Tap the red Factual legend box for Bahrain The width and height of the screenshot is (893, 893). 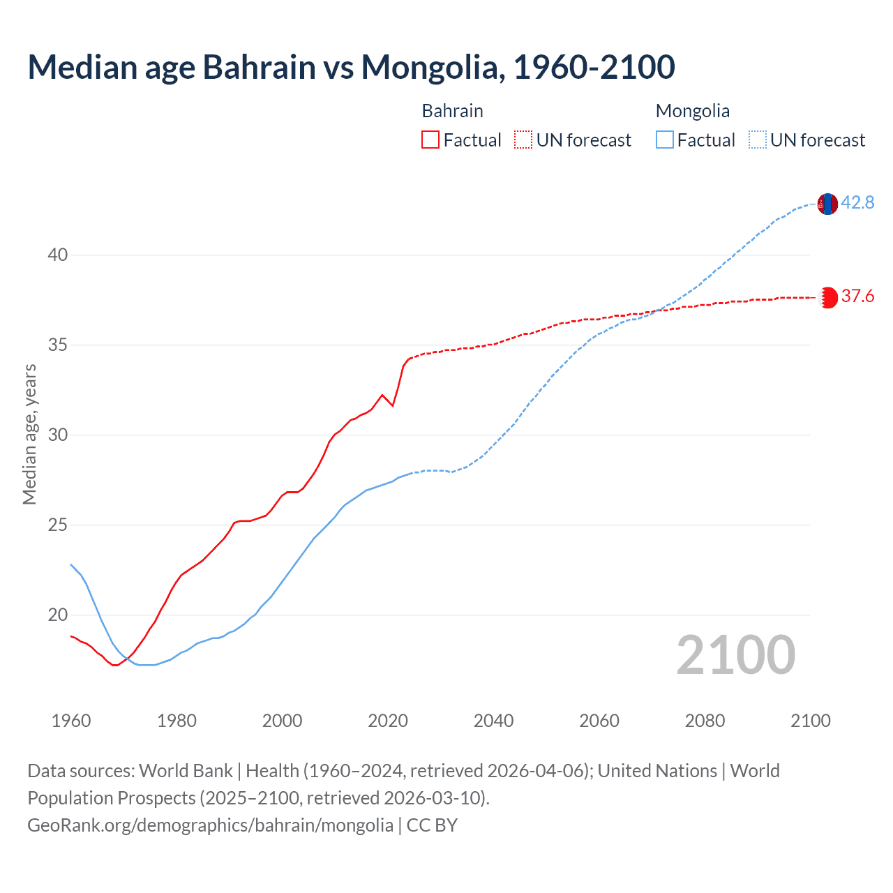(430, 140)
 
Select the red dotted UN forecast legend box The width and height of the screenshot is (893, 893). (523, 140)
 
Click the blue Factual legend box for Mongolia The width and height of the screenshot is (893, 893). (665, 140)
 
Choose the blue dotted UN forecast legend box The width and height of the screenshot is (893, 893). (758, 140)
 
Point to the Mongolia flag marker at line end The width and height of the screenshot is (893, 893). (827, 204)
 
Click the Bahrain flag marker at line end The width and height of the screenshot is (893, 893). (827, 297)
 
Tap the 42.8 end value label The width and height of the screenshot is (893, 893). (857, 202)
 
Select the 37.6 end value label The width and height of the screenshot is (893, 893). (857, 297)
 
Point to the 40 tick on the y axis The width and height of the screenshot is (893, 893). (57, 255)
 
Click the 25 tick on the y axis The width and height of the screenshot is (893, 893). (57, 525)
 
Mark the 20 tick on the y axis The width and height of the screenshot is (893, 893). (57, 615)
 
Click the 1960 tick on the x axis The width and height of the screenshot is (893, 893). (71, 721)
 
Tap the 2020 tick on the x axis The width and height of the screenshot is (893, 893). (388, 721)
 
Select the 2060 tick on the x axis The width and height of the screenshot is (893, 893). (599, 721)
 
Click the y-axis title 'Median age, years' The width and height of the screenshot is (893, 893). (29, 434)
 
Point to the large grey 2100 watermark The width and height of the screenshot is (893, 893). (735, 655)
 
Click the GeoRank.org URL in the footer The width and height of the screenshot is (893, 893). (210, 825)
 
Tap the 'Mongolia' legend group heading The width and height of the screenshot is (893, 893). (692, 111)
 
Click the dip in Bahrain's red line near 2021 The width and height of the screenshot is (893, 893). (393, 405)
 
